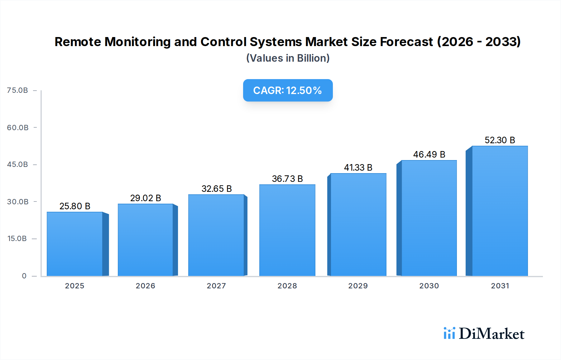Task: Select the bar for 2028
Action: [287, 230]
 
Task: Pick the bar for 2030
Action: [429, 218]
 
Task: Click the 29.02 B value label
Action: [146, 198]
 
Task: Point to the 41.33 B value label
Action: [358, 168]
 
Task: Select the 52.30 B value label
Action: [500, 140]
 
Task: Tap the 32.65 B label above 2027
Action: [217, 189]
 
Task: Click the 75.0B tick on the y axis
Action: [17, 90]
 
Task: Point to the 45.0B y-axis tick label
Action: [17, 164]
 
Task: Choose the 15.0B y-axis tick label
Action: [17, 239]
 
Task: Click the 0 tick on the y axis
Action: [24, 276]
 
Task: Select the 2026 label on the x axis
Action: [145, 286]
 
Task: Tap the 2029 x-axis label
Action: [358, 286]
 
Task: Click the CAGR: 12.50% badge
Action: [288, 90]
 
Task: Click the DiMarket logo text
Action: [491, 334]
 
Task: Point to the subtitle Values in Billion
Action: [288, 58]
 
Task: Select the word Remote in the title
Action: [78, 42]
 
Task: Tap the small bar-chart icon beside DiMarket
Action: [449, 333]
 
